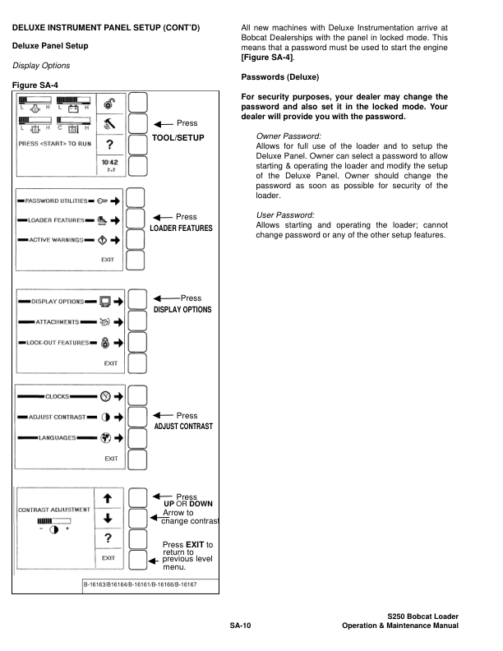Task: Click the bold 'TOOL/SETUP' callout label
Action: (x=178, y=138)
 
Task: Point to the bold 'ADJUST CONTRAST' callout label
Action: (x=182, y=427)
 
